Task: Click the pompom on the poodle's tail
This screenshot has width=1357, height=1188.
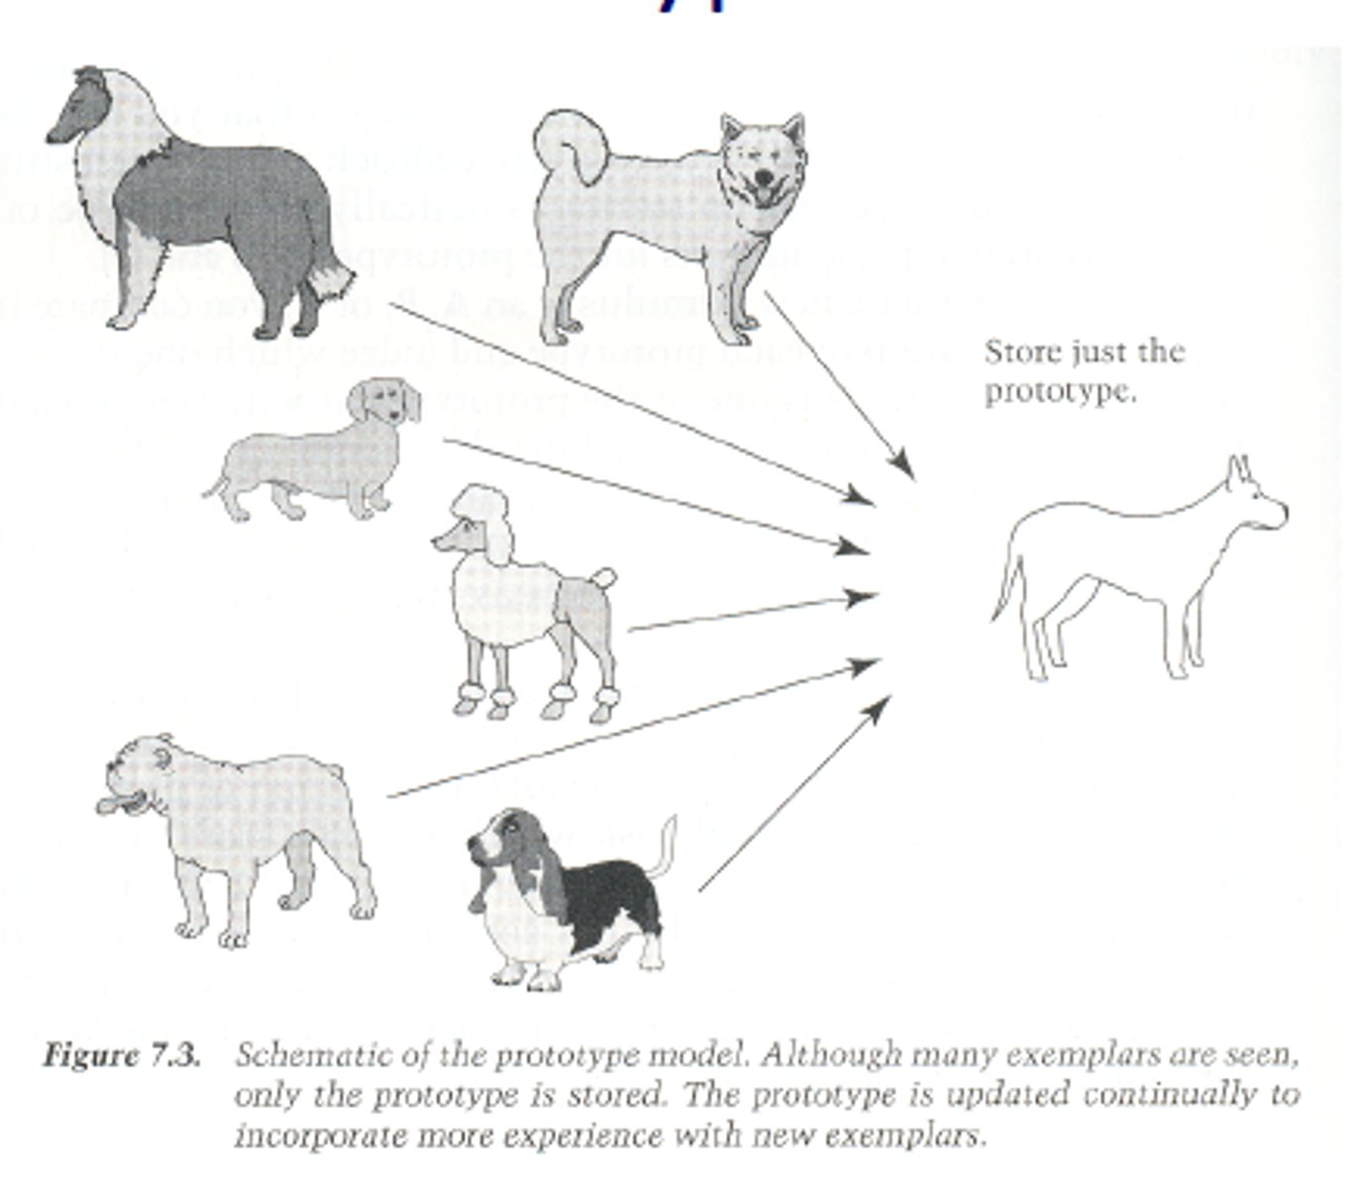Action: click(x=601, y=578)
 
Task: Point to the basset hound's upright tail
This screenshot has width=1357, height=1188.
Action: click(x=666, y=846)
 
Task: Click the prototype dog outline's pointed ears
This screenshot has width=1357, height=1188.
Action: click(x=1238, y=472)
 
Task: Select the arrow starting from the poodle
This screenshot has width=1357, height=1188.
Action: click(x=753, y=612)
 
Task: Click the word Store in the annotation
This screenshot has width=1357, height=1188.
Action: click(x=1020, y=352)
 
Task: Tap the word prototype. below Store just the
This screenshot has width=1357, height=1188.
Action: click(x=1060, y=392)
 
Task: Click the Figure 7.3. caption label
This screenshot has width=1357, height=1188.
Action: click(x=121, y=1055)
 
